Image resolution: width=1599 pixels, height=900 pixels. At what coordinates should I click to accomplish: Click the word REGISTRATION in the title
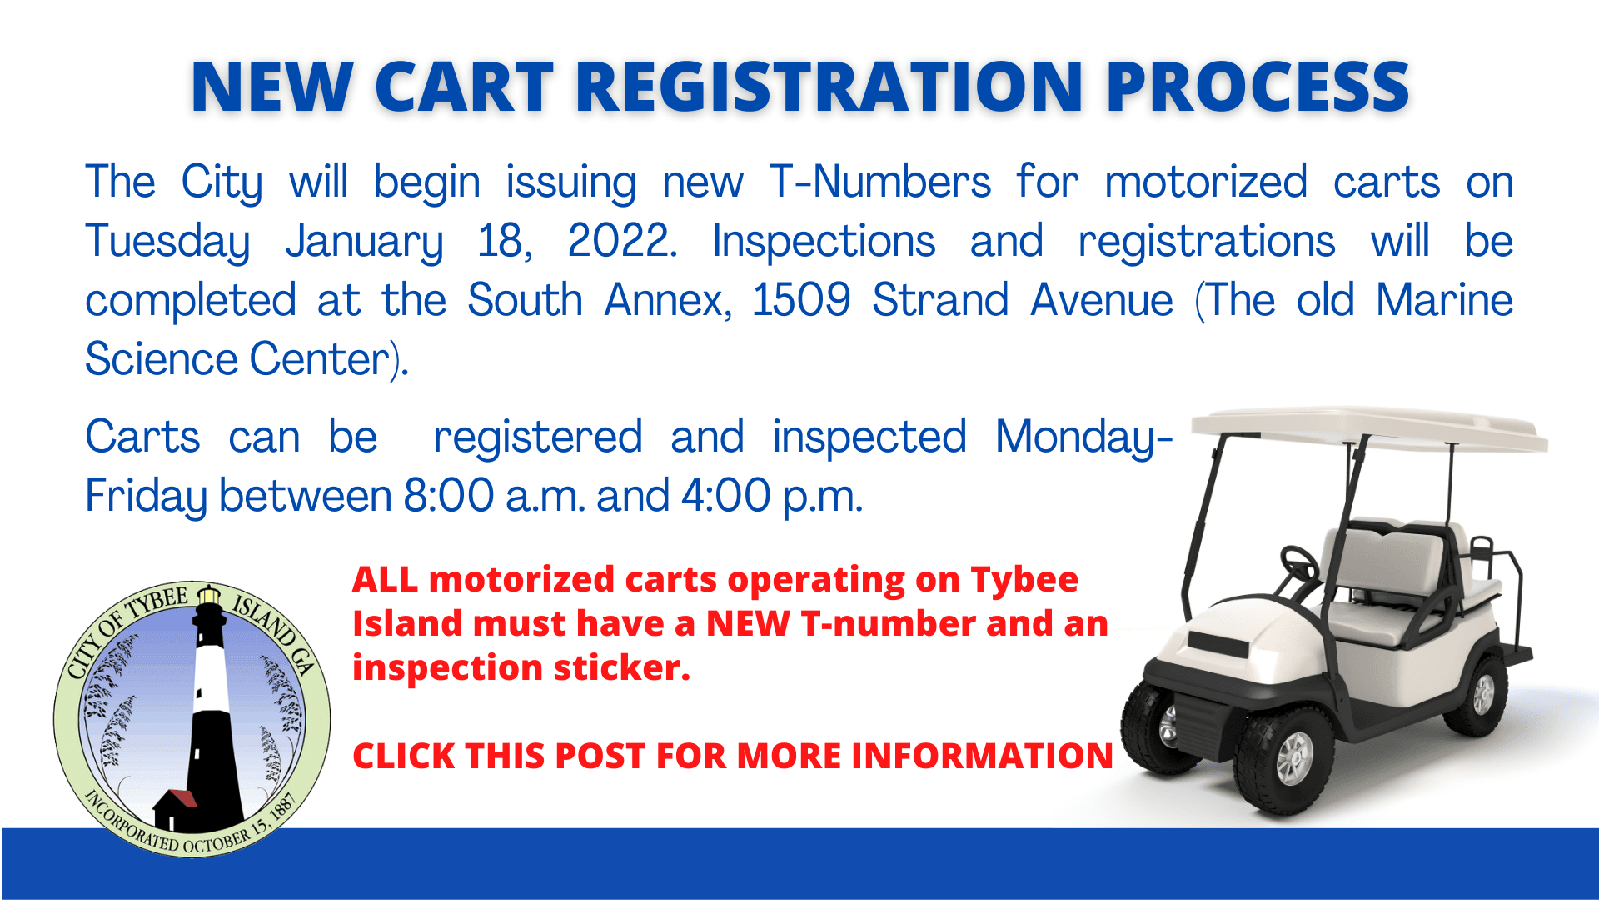[829, 87]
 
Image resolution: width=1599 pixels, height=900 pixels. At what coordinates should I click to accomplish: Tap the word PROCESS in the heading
[1258, 87]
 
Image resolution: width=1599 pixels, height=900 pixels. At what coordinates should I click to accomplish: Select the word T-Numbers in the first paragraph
[879, 182]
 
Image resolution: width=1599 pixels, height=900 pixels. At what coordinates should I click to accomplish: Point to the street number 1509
[801, 300]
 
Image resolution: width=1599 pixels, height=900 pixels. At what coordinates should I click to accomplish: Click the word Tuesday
[167, 242]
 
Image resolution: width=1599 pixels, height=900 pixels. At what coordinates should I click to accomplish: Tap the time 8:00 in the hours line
[449, 496]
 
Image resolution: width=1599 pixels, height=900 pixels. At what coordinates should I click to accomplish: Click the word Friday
[146, 497]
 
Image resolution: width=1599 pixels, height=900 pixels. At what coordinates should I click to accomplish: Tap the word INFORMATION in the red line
[982, 757]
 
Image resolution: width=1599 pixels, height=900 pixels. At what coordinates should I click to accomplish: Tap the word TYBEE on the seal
[157, 602]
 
